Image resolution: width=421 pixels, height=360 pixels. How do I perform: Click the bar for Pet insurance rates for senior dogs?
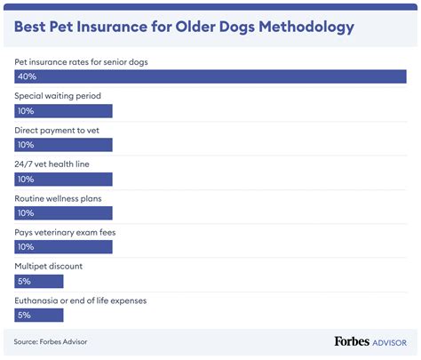pyautogui.click(x=210, y=77)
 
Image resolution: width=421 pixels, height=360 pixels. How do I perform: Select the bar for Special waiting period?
pyautogui.click(x=63, y=111)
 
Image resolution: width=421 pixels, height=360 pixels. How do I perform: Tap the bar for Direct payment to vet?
pyautogui.click(x=63, y=145)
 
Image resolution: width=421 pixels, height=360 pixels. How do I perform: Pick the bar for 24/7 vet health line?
pyautogui.click(x=63, y=179)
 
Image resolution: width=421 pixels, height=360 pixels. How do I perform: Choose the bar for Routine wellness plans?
pyautogui.click(x=63, y=212)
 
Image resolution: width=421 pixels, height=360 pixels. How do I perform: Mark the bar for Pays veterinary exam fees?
pyautogui.click(x=63, y=246)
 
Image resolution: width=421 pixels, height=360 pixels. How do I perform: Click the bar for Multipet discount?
pyautogui.click(x=39, y=281)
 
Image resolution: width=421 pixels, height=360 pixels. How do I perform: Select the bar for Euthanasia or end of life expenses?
pyautogui.click(x=39, y=315)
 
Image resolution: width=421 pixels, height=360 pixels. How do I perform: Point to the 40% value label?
pyautogui.click(x=27, y=77)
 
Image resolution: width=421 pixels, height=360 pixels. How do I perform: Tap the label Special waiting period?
pyautogui.click(x=57, y=95)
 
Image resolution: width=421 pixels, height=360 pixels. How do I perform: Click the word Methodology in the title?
pyautogui.click(x=300, y=27)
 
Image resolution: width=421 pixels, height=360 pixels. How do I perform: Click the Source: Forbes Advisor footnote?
pyautogui.click(x=51, y=341)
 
